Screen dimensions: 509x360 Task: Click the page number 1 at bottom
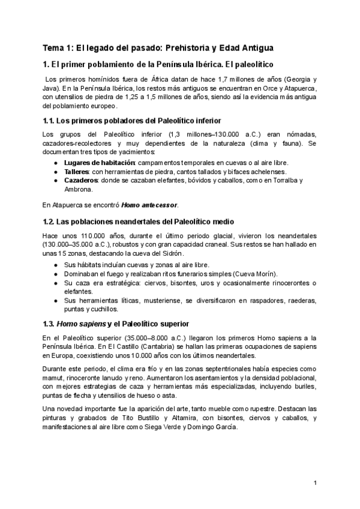315,483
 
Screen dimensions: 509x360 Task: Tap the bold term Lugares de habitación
99,163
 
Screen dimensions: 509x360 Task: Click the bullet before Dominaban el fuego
55,273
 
